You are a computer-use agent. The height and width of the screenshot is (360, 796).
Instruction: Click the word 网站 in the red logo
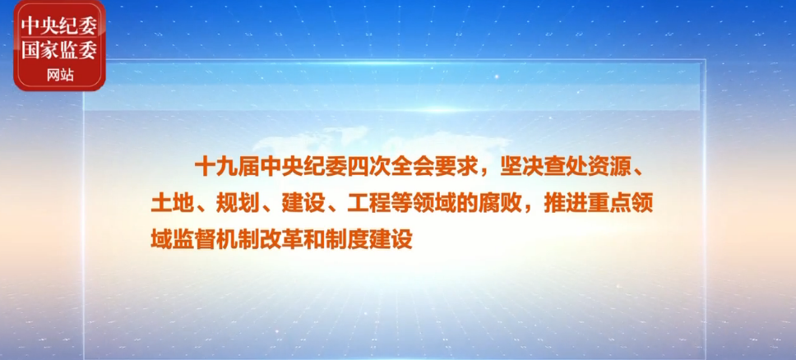[60, 76]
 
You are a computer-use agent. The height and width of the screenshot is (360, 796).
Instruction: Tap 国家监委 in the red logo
[59, 50]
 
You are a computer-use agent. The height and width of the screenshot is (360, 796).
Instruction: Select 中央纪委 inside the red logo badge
[59, 25]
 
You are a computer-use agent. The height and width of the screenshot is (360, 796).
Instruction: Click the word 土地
[173, 205]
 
